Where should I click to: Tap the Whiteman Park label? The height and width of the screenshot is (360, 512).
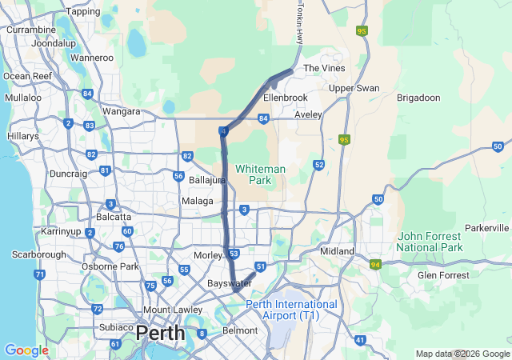(x=260, y=174)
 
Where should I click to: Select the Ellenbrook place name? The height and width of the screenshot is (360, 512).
(x=286, y=98)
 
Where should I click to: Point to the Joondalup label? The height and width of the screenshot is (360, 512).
(x=54, y=42)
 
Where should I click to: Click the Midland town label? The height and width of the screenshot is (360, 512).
(x=337, y=251)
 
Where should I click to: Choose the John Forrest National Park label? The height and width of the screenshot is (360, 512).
(x=430, y=242)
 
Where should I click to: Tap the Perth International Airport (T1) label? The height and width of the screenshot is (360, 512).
(x=291, y=310)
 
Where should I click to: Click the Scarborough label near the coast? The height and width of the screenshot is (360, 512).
(x=38, y=254)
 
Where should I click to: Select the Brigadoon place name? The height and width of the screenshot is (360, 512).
(x=418, y=98)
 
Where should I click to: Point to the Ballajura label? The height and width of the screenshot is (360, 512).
(x=206, y=180)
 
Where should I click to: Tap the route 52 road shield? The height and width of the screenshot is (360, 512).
(x=318, y=165)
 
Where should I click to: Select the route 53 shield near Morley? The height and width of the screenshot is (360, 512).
(x=234, y=254)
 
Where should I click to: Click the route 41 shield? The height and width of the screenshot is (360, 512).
(x=360, y=340)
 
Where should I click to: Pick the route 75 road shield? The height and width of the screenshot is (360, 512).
(x=150, y=286)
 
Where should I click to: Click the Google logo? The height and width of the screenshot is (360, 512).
(x=26, y=350)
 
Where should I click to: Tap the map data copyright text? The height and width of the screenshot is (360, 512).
(x=462, y=354)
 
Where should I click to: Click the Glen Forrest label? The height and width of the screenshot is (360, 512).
(x=443, y=275)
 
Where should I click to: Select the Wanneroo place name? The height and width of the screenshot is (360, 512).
(x=92, y=58)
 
